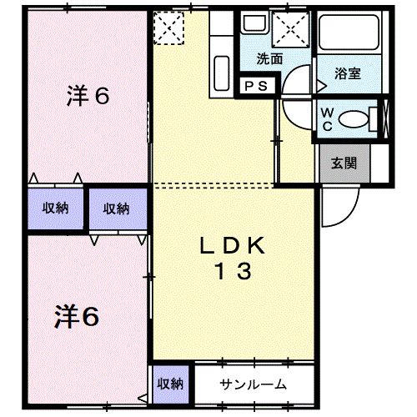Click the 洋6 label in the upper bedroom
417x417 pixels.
88,96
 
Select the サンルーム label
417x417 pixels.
254,384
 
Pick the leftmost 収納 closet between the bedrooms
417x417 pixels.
55,208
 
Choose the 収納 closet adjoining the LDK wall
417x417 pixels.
116,208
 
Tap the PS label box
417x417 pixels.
254,86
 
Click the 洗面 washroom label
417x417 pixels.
269,60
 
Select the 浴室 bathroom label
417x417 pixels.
348,73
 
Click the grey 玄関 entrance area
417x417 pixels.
344,163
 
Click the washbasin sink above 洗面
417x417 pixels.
253,25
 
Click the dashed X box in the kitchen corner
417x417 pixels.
168,28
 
